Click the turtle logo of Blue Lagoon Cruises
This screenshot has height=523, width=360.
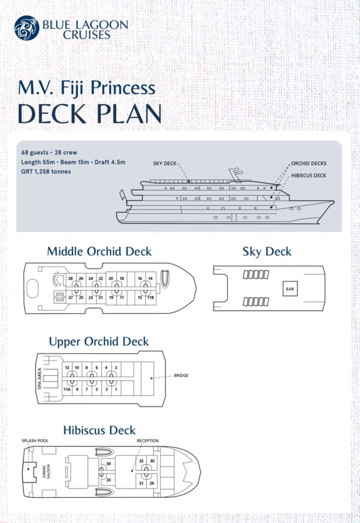[27, 28]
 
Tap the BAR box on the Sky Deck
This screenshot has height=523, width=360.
[290, 289]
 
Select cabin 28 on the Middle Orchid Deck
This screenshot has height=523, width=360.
[71, 278]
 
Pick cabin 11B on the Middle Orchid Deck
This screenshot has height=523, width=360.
[151, 297]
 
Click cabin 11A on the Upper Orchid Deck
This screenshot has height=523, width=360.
[67, 389]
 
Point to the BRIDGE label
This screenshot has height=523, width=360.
[181, 375]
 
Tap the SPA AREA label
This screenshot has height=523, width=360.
[40, 378]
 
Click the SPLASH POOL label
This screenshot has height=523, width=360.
[35, 441]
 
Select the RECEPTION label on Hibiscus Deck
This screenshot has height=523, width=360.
[148, 441]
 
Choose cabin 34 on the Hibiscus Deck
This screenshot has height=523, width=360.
[109, 463]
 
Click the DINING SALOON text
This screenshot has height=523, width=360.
[46, 472]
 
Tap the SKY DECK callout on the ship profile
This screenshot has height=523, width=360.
[165, 163]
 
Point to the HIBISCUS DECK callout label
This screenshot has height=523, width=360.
[309, 176]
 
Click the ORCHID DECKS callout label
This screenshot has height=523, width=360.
[309, 163]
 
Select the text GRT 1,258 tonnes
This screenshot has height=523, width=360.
[46, 172]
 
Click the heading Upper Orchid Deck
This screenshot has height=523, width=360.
[99, 342]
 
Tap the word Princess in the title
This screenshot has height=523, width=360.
[123, 88]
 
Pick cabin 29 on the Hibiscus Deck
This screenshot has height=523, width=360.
[152, 483]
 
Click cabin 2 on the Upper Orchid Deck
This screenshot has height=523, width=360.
[116, 367]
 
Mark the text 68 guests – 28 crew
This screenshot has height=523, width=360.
[49, 153]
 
